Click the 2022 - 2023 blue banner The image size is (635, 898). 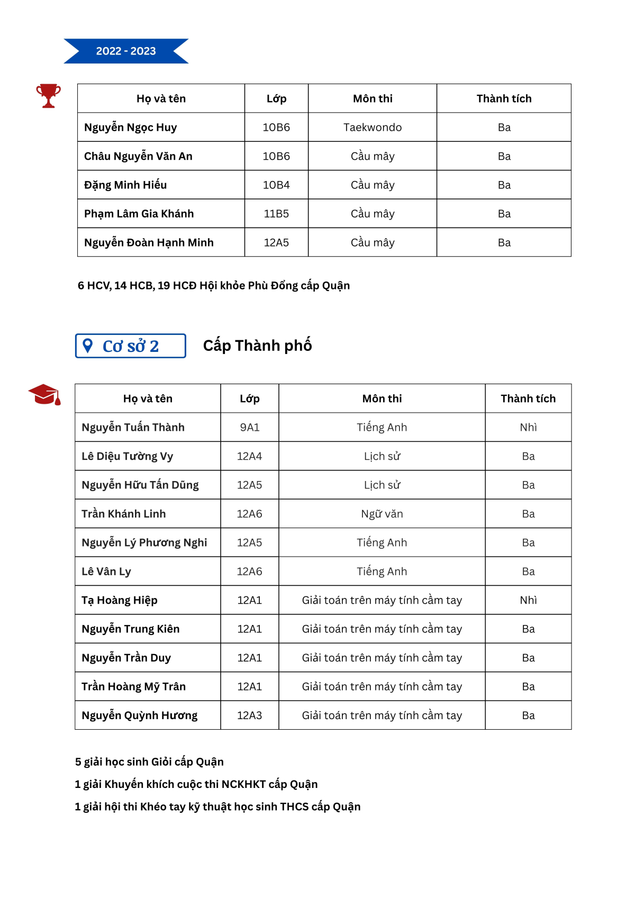click(x=126, y=51)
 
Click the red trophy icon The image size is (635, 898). click(x=48, y=96)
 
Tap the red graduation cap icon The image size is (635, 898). click(x=44, y=395)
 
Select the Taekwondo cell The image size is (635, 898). click(x=373, y=128)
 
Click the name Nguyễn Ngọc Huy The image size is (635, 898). click(x=131, y=128)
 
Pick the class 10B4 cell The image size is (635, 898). click(x=276, y=185)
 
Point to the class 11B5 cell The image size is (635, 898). click(x=276, y=214)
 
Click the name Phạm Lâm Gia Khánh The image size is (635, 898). click(x=139, y=214)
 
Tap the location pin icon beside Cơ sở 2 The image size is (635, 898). click(x=88, y=346)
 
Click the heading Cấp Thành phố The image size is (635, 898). click(x=258, y=346)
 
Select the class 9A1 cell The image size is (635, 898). click(x=250, y=428)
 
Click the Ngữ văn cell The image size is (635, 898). click(x=382, y=514)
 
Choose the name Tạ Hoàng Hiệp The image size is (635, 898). click(x=120, y=600)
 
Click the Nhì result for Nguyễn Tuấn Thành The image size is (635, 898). click(x=528, y=428)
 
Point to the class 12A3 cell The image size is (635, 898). click(x=250, y=715)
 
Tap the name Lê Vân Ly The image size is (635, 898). click(x=106, y=572)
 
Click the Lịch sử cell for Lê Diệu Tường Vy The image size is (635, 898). click(x=382, y=456)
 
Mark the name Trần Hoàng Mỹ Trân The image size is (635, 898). click(x=134, y=687)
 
